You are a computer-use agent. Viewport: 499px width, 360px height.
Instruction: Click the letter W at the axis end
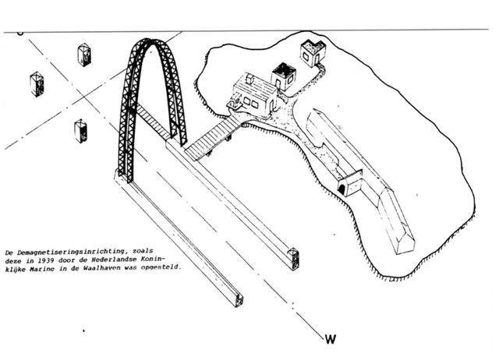point(331,339)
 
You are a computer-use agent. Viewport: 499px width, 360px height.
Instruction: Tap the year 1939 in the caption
point(44,260)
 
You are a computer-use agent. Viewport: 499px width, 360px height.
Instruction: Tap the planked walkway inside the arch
point(152,121)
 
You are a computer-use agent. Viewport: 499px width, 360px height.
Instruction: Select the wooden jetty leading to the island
point(212,139)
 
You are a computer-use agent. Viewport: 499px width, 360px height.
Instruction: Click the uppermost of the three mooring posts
point(84,55)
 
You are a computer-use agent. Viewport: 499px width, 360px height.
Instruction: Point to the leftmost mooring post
point(37,84)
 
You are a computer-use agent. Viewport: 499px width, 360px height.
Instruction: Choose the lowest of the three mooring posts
point(81,131)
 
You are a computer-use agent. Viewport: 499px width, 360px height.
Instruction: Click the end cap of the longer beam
point(239,300)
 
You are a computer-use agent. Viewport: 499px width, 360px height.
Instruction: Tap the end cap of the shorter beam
point(293,259)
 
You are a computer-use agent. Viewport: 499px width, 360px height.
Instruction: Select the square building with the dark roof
point(283,76)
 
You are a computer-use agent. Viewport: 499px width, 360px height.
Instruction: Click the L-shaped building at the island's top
point(313,52)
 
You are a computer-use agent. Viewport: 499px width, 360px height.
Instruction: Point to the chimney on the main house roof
point(250,79)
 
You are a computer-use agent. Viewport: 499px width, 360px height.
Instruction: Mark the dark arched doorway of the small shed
point(342,189)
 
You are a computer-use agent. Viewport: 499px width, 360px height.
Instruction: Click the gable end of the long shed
point(405,241)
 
